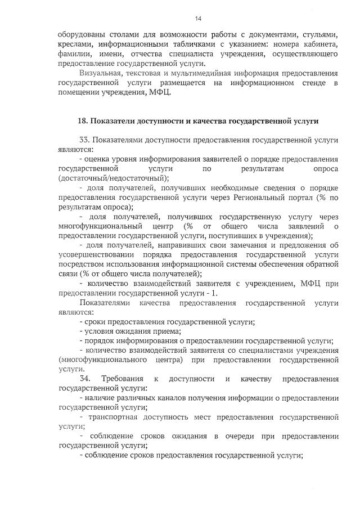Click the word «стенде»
click(317, 83)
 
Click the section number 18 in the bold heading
click(82, 120)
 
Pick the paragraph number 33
click(86, 140)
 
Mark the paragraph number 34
click(86, 379)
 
